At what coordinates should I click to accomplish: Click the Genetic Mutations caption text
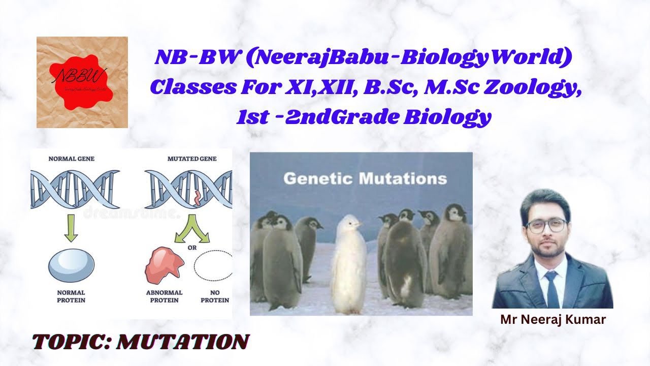[x=365, y=179]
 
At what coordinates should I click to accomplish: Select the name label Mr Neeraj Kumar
[x=553, y=320]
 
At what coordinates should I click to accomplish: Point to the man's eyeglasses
[x=546, y=225]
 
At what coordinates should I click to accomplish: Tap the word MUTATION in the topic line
[x=183, y=343]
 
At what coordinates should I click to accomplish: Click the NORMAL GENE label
[x=71, y=159]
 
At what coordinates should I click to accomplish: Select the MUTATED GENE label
[x=192, y=159]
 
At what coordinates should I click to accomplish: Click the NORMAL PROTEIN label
[x=71, y=296]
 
